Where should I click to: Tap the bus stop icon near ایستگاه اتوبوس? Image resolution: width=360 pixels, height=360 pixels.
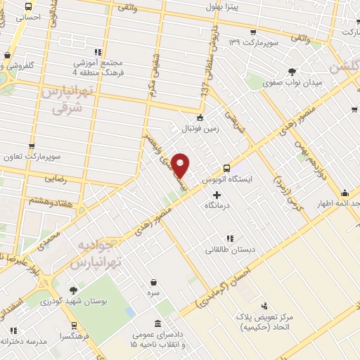(x=226, y=168)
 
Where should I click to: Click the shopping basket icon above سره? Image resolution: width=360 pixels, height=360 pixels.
(x=192, y=279)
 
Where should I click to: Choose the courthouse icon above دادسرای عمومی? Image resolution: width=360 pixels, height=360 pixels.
(x=157, y=324)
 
